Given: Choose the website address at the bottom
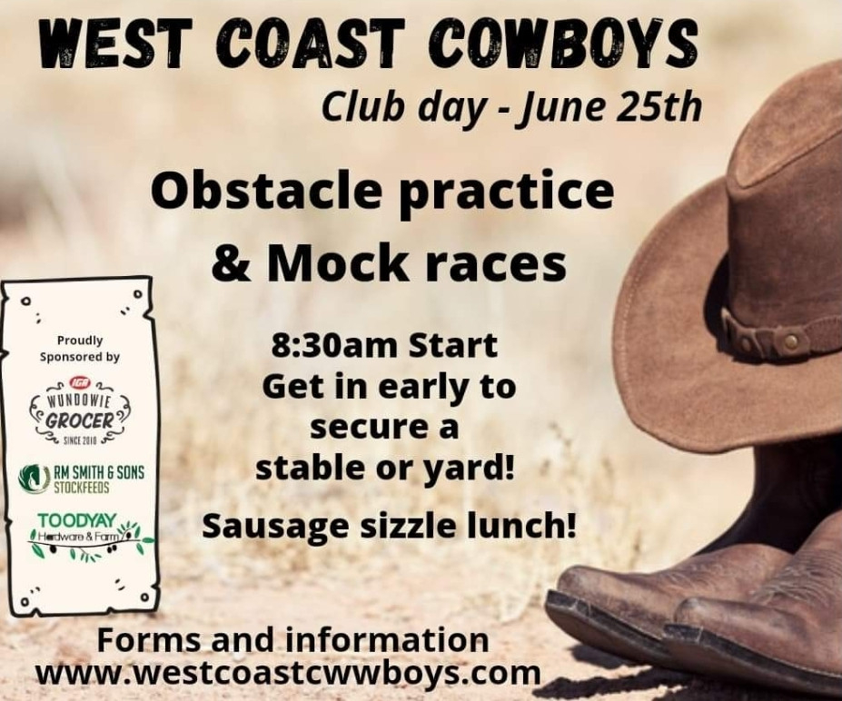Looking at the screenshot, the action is pos(287,672).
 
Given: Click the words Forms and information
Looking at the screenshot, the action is pos(293,640).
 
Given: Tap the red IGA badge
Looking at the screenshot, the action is pos(82,382).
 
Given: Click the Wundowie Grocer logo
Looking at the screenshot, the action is pos(82,411).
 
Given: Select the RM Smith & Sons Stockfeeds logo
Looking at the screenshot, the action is pos(81,479).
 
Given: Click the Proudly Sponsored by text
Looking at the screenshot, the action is pos(79,349).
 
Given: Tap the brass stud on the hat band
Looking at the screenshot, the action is pos(790,340).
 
